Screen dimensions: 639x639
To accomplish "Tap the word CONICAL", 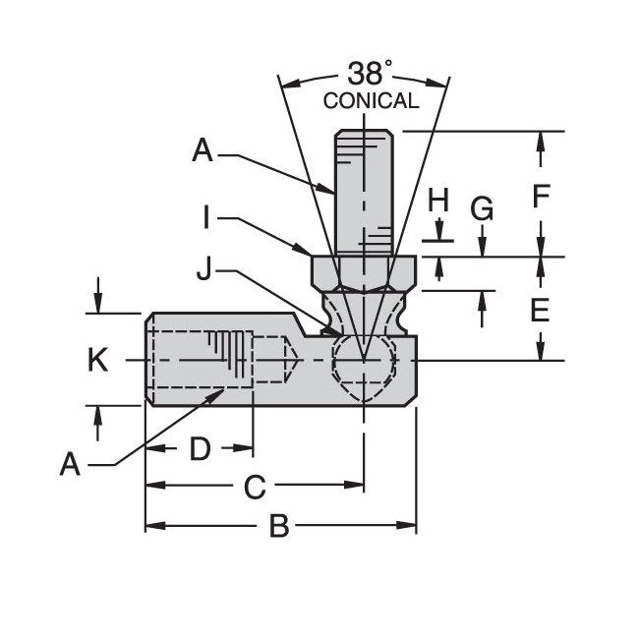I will pos(371,100).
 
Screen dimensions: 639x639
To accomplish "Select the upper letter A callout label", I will pos(203,150).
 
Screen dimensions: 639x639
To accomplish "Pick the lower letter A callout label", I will pos(69,463).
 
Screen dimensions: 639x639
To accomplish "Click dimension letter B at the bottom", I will pos(279,528).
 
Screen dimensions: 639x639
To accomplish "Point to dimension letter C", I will pos(255,486).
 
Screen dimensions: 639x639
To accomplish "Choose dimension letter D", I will pos(200,448).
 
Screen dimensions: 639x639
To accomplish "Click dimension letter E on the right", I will pos(539,311).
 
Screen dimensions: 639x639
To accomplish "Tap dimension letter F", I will pos(540,197).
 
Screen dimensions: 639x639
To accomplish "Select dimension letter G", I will pos(482,209).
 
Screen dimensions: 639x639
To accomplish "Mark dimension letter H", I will pos(437,201).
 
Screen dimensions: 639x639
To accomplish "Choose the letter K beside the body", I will pos(97,361).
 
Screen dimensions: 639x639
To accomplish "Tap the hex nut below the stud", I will pos(365,270).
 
